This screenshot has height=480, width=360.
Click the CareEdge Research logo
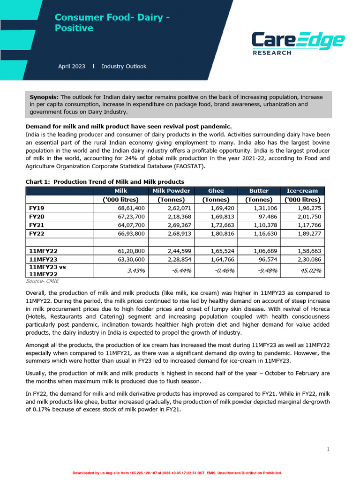[298, 43]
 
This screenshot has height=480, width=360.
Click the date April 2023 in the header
[71, 67]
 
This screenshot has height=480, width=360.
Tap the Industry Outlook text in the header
[124, 67]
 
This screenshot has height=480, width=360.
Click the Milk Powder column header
[171, 191]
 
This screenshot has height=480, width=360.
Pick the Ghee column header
[216, 191]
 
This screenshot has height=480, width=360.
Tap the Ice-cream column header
[302, 191]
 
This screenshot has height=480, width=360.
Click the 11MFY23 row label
[43, 259]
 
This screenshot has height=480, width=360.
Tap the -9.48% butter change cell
[264, 270]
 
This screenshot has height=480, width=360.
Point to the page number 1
[328, 450]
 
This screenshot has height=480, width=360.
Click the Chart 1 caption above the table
[105, 182]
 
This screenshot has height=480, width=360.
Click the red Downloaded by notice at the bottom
[177, 473]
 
